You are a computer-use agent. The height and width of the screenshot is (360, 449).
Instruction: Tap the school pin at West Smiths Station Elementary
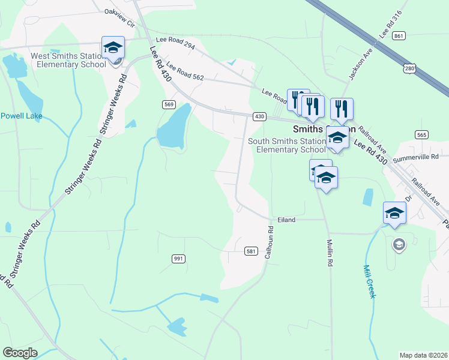pyautogui.click(x=113, y=47)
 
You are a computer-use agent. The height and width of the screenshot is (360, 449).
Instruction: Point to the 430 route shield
pyautogui.click(x=259, y=116)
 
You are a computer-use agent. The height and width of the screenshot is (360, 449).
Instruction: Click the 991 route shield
pyautogui.click(x=178, y=259)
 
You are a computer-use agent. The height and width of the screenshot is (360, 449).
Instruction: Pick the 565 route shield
pyautogui.click(x=421, y=135)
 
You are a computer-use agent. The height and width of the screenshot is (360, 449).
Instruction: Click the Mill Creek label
pyautogui.click(x=369, y=282)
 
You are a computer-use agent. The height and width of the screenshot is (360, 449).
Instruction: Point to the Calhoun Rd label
pyautogui.click(x=270, y=242)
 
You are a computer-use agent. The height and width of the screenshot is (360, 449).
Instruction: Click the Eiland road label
pyautogui.click(x=286, y=220)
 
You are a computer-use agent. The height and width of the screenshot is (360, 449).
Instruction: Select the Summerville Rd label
pyautogui.click(x=415, y=159)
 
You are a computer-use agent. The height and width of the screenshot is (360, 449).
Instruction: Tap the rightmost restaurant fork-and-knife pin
pyautogui.click(x=342, y=109)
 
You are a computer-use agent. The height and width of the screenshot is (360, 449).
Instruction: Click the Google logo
pyautogui.click(x=20, y=353)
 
